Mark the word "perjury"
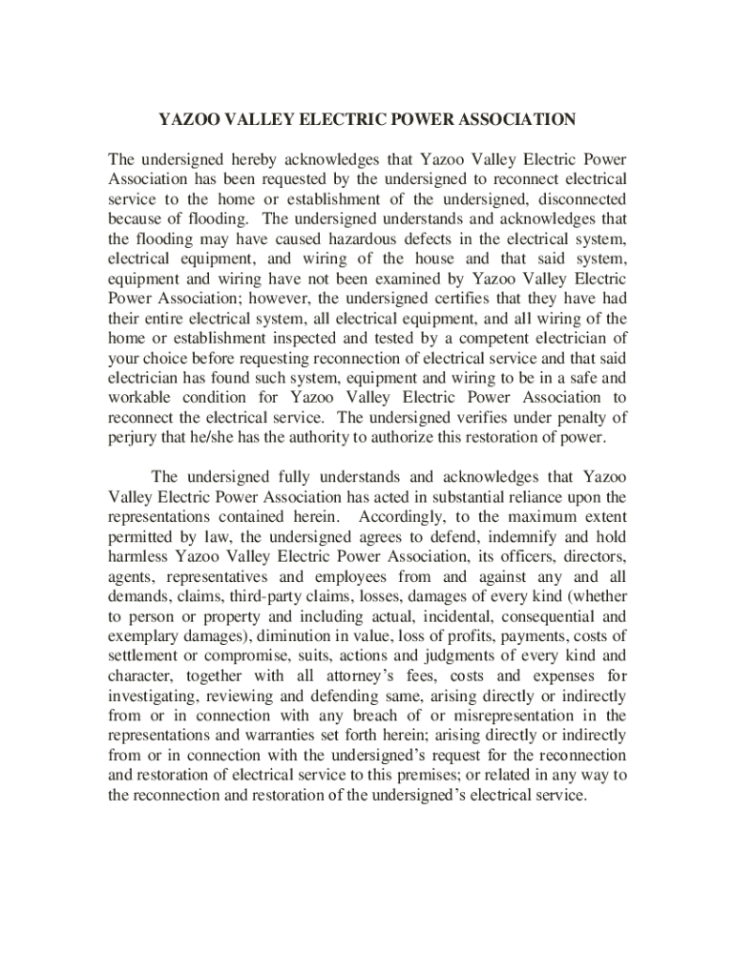(134, 437)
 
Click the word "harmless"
(139, 556)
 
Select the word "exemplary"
(142, 635)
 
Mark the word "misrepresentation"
(509, 716)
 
